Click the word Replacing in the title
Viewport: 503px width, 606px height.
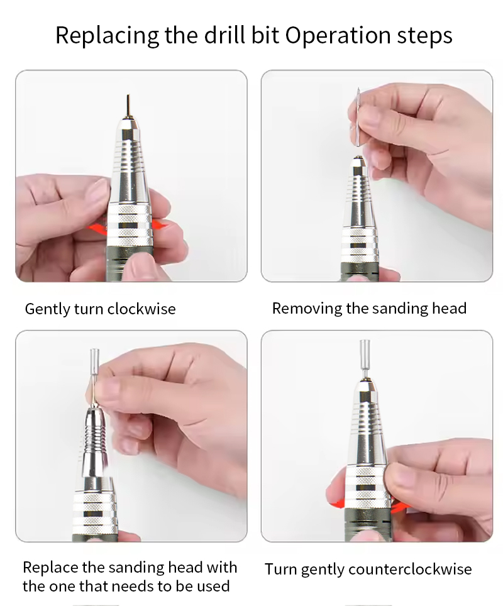107,36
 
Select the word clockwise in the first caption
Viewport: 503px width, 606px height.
141,309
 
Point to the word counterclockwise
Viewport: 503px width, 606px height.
410,570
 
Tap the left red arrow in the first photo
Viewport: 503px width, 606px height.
97,228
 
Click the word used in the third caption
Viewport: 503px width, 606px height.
213,587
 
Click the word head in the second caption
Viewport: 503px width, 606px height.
450,309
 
